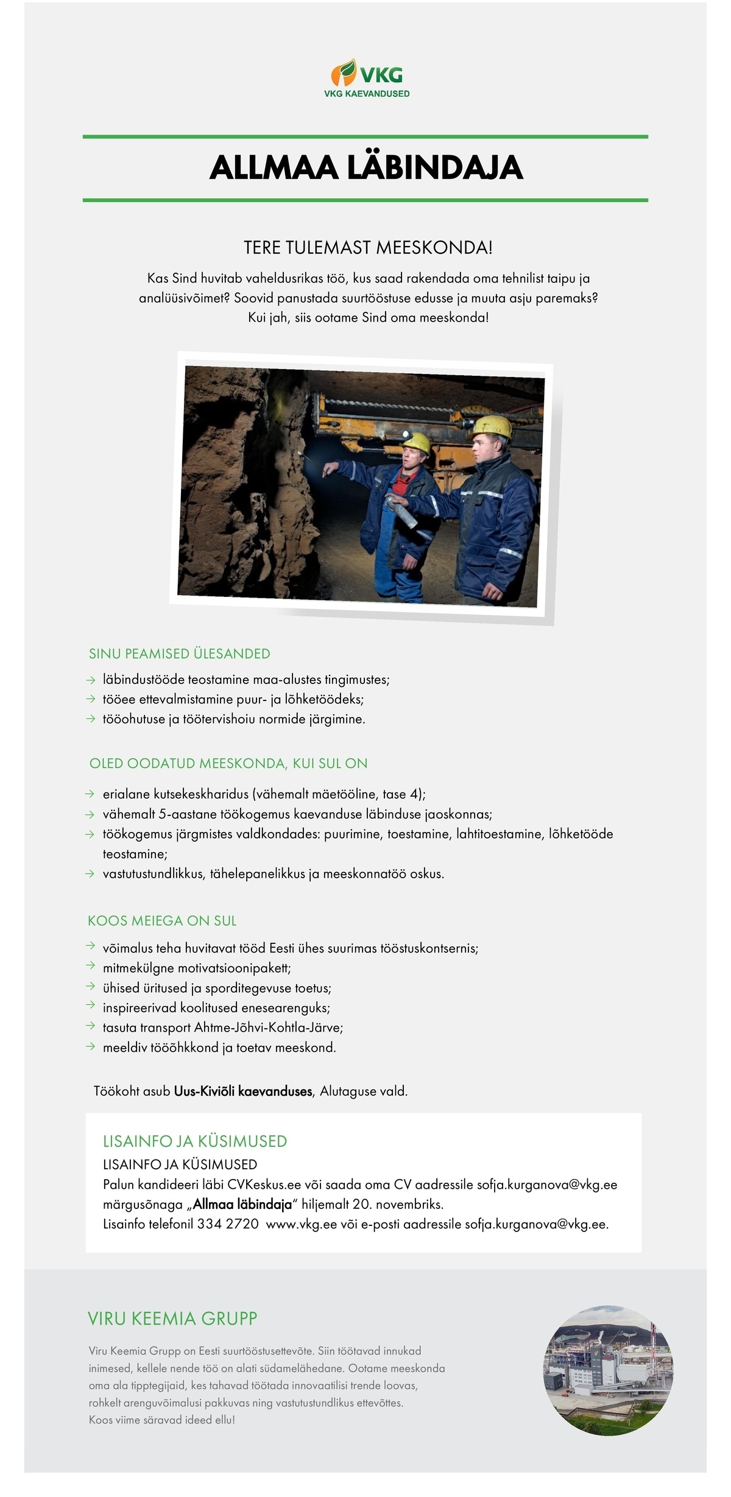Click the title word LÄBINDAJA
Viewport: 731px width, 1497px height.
435,168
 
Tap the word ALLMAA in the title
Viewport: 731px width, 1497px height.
274,168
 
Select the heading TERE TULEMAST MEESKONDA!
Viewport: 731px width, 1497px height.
367,248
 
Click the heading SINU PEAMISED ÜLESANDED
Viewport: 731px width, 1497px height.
179,653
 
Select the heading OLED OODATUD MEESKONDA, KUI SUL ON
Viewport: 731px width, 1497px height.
228,764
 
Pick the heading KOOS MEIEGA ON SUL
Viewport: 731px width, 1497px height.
162,921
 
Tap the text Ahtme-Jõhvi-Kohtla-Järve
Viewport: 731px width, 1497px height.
269,1028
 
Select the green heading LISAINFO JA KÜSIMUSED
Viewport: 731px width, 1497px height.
195,1141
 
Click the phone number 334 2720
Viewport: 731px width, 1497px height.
228,1224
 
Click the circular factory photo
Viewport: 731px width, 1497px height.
608,1370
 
